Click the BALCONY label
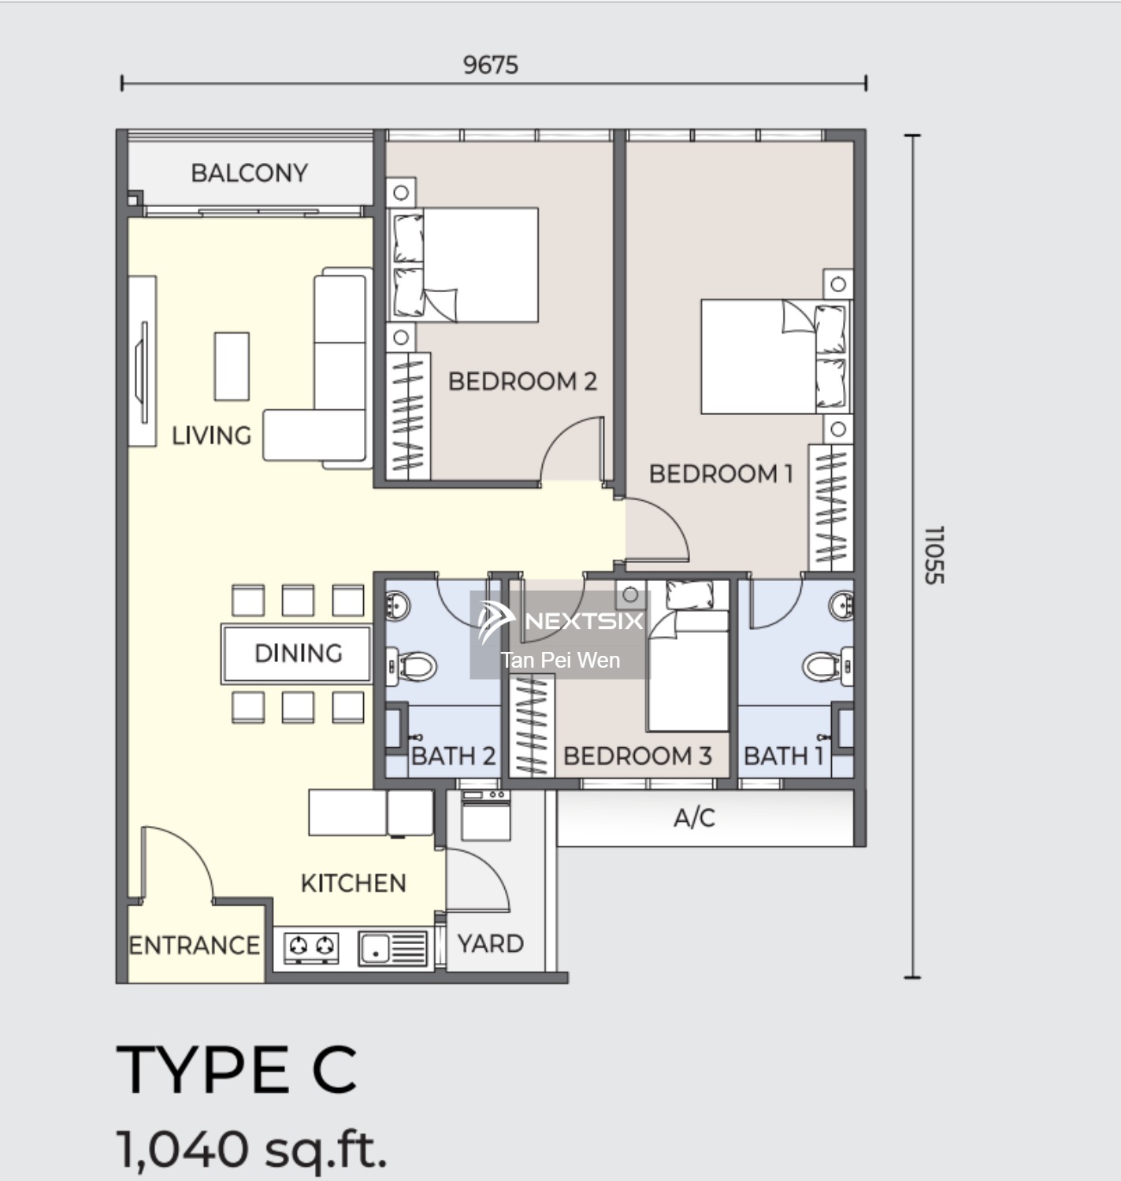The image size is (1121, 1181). coord(250,173)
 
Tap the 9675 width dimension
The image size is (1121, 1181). coord(491,65)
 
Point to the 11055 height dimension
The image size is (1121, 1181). coord(934,555)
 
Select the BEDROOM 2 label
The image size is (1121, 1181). coord(522,381)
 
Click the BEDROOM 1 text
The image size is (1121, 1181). coord(722,474)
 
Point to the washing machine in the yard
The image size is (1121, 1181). coord(486,815)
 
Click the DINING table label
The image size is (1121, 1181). coord(298,653)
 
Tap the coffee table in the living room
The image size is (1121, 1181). coord(232,366)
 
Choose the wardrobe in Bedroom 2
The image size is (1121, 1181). coord(408,416)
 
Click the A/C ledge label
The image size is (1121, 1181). coord(694,818)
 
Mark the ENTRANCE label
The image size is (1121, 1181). coord(194,946)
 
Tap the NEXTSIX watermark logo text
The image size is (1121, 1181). coord(585,620)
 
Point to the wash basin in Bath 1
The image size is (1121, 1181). coord(841,605)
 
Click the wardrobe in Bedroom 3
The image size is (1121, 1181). coord(532,725)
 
